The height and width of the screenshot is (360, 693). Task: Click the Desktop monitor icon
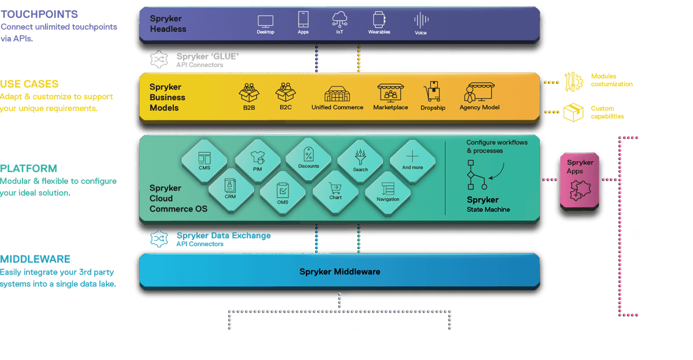[265, 21]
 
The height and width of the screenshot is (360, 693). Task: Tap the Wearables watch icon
[379, 20]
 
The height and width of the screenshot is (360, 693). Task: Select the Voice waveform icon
[420, 21]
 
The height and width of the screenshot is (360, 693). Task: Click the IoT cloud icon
[339, 20]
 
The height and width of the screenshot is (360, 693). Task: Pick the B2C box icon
[285, 93]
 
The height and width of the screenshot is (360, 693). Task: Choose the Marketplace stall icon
[390, 93]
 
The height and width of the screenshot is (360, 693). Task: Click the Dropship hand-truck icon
[433, 93]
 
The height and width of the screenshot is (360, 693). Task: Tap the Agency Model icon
[479, 93]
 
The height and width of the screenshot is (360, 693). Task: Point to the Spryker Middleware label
[340, 271]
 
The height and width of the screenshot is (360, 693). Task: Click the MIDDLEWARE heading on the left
[35, 259]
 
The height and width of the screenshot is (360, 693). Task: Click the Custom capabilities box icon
[573, 112]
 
